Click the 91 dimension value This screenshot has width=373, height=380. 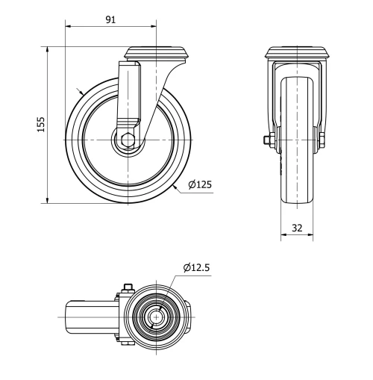coord(110,19)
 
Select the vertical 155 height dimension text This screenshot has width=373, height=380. coord(42,123)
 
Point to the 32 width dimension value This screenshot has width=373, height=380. coord(297,229)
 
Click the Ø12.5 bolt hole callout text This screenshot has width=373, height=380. coord(197,267)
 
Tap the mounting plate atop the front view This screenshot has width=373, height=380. coord(297,53)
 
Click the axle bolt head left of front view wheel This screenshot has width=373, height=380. coord(267,140)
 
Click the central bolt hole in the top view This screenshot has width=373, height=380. coord(157,317)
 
